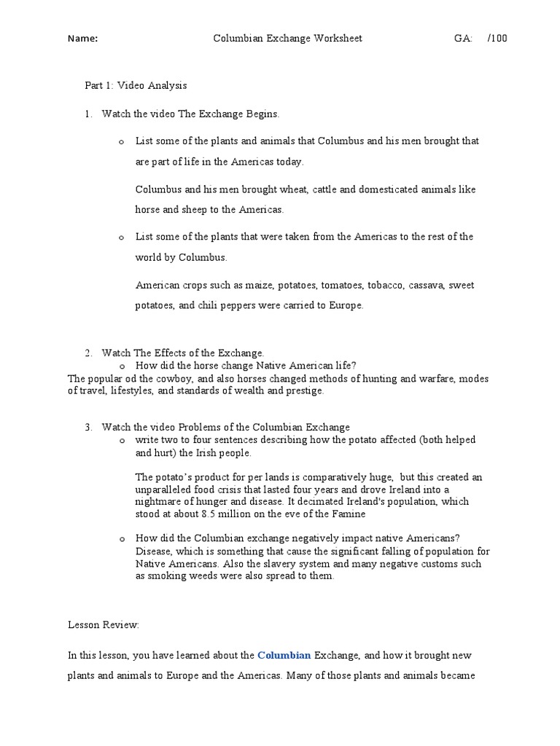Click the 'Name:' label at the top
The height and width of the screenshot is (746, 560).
click(x=82, y=39)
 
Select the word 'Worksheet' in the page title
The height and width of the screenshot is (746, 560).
click(x=338, y=39)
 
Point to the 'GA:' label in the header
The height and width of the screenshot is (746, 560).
click(x=463, y=39)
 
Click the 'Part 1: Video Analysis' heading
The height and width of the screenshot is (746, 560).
click(x=136, y=85)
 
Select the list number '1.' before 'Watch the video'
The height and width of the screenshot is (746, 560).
click(x=88, y=114)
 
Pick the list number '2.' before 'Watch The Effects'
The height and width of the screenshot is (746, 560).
click(x=88, y=353)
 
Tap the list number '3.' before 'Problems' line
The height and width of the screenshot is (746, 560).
click(x=88, y=427)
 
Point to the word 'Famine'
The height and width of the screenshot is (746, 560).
click(x=315, y=514)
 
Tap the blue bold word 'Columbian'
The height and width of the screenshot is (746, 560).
click(x=284, y=656)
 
